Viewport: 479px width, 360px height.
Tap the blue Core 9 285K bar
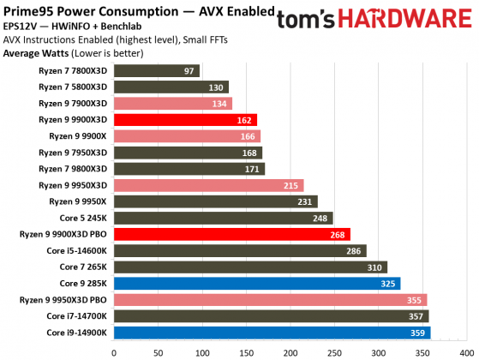tap(256, 283)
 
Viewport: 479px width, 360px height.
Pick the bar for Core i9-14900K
tap(271, 332)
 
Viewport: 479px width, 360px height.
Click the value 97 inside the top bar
tap(189, 71)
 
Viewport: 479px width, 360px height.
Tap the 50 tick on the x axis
tap(157, 351)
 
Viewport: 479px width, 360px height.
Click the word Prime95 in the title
tap(27, 11)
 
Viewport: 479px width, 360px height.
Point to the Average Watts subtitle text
tap(36, 51)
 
